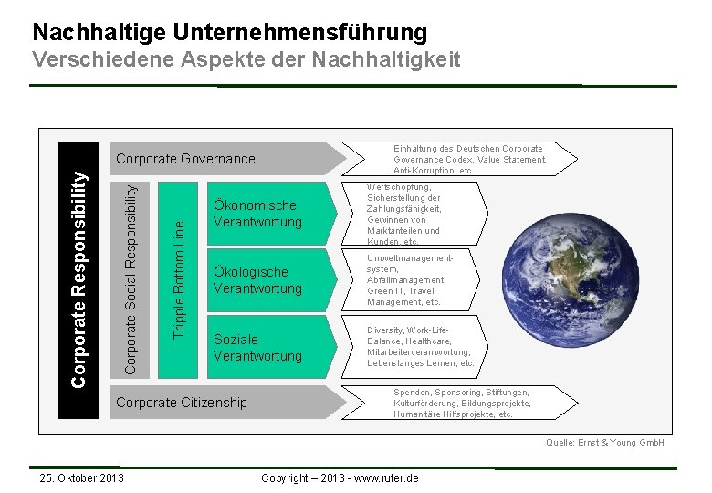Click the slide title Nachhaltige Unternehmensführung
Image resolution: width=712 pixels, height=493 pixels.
(x=229, y=32)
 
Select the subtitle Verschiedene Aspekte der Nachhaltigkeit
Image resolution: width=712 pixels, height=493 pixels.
(x=246, y=60)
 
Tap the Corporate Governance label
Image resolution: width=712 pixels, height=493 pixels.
(x=185, y=159)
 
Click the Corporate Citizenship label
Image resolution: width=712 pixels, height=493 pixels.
(x=181, y=403)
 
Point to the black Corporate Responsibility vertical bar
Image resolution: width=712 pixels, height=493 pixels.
(x=79, y=265)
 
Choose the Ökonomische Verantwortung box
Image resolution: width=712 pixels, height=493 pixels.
(x=257, y=214)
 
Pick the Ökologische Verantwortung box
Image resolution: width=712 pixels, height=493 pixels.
(x=257, y=280)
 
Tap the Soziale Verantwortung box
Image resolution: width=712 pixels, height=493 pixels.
(x=257, y=348)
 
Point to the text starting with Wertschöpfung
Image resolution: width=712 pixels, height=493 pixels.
(x=403, y=214)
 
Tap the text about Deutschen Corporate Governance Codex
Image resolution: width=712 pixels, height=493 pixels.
(x=469, y=159)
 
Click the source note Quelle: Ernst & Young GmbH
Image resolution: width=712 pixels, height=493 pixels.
(x=604, y=443)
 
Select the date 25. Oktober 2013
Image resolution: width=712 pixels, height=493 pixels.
(x=78, y=478)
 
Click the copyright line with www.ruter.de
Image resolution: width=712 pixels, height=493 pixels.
(x=340, y=478)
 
